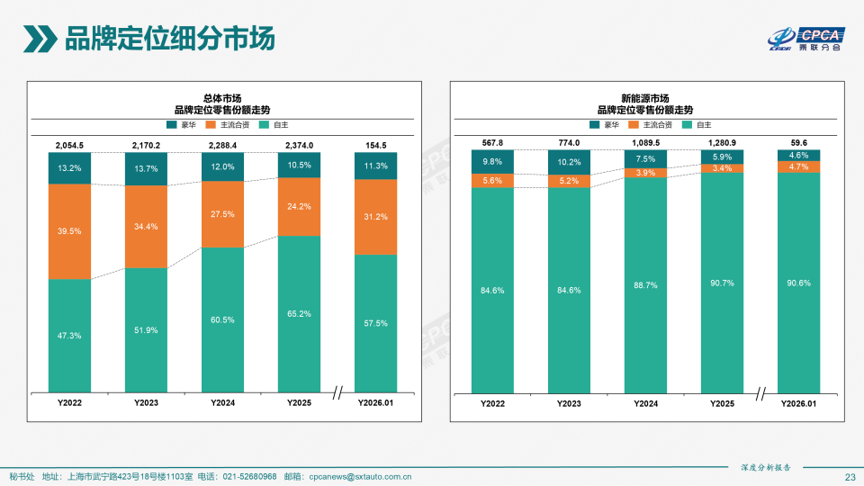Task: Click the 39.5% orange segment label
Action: point(69,231)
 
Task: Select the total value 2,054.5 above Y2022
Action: point(69,146)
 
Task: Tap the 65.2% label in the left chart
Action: point(299,314)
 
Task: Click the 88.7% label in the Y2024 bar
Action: point(645,285)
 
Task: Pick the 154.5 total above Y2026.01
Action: point(375,146)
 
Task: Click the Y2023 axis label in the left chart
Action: point(146,402)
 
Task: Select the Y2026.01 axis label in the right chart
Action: point(798,404)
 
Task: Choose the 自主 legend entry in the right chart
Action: point(697,124)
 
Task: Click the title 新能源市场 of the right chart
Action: point(645,97)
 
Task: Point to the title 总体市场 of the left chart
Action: point(222,97)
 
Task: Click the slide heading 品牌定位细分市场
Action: point(168,40)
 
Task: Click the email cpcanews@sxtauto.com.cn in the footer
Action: point(360,476)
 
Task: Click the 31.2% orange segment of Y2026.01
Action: point(375,217)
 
